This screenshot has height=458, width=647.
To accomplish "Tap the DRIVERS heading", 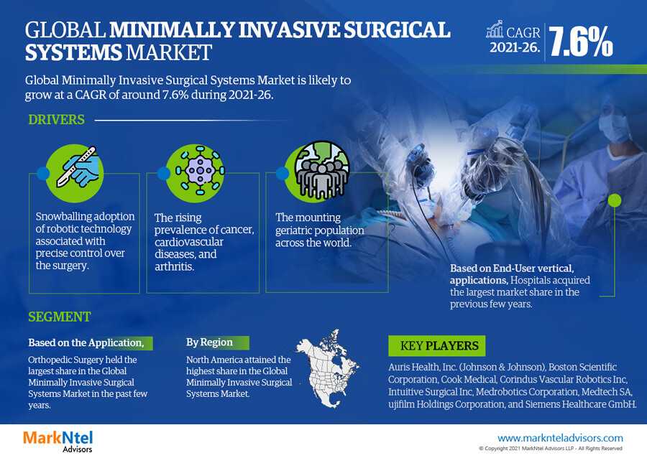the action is [56, 120].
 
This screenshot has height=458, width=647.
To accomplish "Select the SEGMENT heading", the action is [60, 317].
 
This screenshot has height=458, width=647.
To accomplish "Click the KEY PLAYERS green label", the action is [436, 345].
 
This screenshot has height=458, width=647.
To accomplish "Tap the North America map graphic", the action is [329, 368].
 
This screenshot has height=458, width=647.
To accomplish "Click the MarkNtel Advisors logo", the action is [58, 441].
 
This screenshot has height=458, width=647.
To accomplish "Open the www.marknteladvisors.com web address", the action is [560, 438].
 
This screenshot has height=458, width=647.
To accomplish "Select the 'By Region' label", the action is [209, 342].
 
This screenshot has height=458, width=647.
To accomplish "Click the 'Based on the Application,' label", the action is [86, 342].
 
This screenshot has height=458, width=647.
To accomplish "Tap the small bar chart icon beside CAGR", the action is [495, 29].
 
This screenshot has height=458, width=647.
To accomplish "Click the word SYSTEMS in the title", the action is [73, 52].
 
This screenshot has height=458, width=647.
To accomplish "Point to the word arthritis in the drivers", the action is [174, 266].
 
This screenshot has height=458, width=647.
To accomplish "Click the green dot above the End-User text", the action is [615, 200].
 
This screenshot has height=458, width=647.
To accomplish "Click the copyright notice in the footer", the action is [551, 449].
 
